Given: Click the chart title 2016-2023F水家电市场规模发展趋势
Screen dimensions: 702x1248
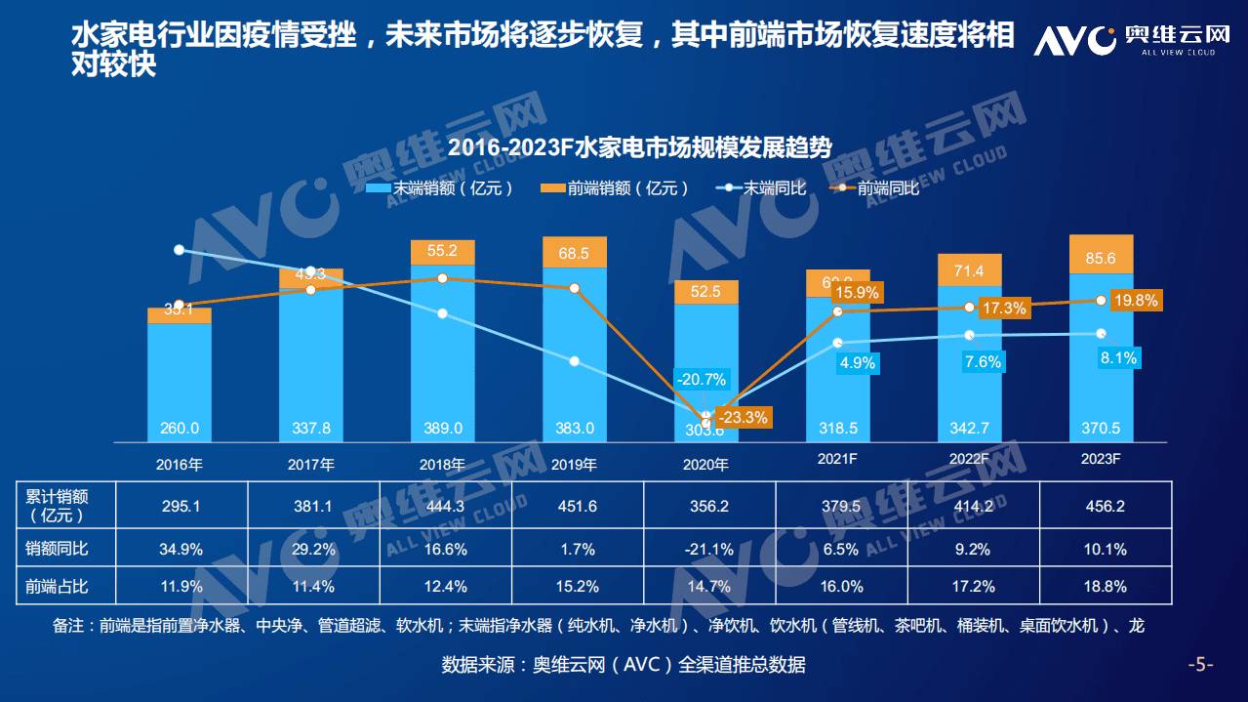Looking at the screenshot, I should tap(639, 148).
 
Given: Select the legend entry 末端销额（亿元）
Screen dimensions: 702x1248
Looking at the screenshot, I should tap(440, 187).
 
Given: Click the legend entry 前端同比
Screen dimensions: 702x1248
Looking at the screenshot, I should tap(875, 187).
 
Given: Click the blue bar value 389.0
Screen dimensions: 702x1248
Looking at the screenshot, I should tap(442, 429).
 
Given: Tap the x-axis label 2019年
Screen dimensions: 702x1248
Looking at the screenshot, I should tap(574, 464).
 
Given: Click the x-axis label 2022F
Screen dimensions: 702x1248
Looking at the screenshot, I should tap(969, 458).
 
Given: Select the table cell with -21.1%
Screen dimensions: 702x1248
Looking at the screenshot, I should tap(708, 549).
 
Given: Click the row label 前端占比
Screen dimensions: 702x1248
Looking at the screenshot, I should tap(57, 587).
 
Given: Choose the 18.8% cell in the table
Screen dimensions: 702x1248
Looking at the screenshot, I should tap(1107, 587).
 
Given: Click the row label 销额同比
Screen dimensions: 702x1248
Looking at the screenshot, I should tap(57, 549).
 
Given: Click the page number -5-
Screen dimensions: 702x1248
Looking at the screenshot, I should tap(1200, 665).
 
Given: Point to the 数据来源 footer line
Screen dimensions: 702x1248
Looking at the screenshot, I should tap(624, 665).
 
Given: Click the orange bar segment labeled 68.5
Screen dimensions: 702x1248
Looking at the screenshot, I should tap(574, 253).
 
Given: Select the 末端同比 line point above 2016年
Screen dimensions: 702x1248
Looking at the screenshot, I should tap(179, 250).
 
